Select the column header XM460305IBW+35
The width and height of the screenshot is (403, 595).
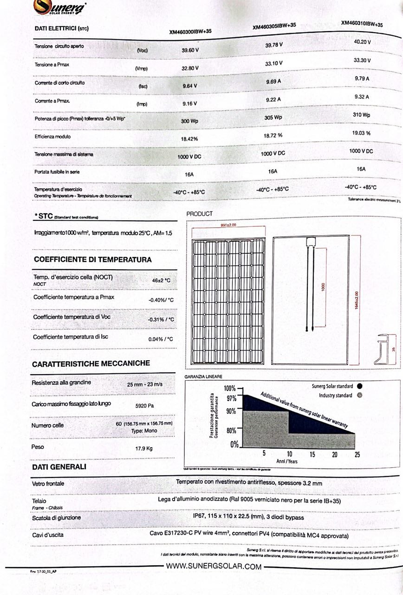tap(274, 27)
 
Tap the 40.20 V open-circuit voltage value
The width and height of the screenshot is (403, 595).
tap(362, 42)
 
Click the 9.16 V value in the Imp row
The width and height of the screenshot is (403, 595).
tap(189, 103)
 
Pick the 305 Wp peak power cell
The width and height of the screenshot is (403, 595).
tap(273, 118)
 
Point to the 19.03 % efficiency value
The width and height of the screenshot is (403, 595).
tap(361, 133)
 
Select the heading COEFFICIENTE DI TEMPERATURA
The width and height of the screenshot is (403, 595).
tap(92, 259)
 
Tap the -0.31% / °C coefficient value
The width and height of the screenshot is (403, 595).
tap(161, 320)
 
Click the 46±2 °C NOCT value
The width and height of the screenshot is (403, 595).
tap(161, 281)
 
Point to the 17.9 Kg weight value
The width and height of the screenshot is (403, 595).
tap(143, 449)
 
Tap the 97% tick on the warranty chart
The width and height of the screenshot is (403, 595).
tap(231, 398)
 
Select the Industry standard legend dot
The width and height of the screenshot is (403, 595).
tap(360, 396)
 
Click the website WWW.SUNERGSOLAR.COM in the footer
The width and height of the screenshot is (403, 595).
tap(214, 566)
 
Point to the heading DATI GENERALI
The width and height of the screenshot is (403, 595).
tap(59, 466)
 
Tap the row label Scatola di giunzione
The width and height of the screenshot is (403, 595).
tap(56, 517)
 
